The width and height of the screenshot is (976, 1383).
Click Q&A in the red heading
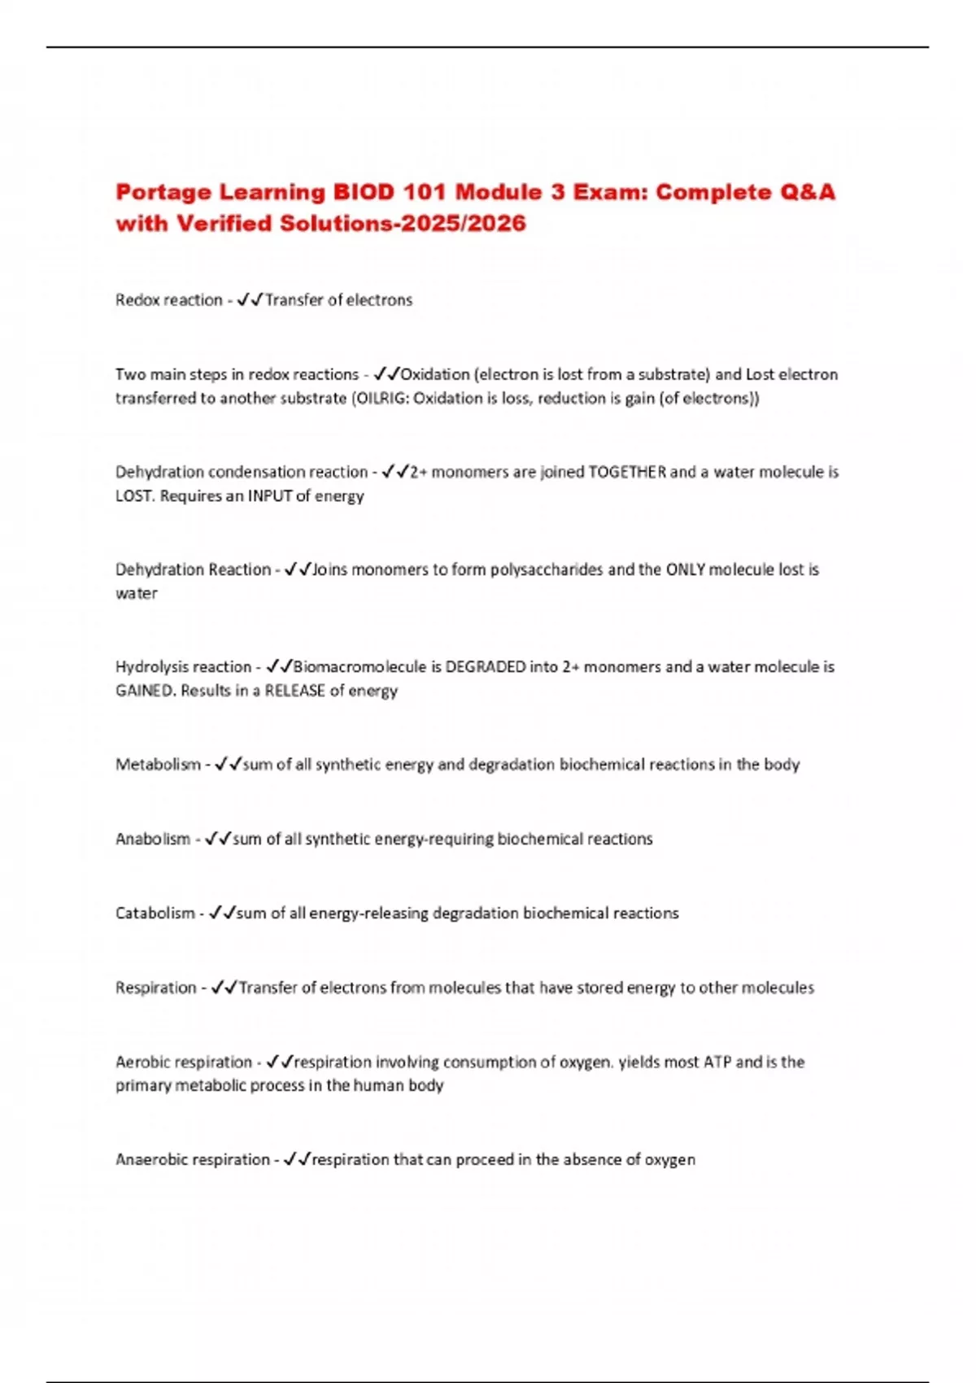807,193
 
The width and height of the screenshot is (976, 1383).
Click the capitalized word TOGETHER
627,472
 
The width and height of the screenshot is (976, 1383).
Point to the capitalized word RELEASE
294,691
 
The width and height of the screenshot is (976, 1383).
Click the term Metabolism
158,765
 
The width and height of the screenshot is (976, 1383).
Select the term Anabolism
153,839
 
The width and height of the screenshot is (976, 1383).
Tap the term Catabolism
155,914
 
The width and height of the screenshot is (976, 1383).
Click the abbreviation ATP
717,1062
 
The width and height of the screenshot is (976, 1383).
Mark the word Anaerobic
150,1159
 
